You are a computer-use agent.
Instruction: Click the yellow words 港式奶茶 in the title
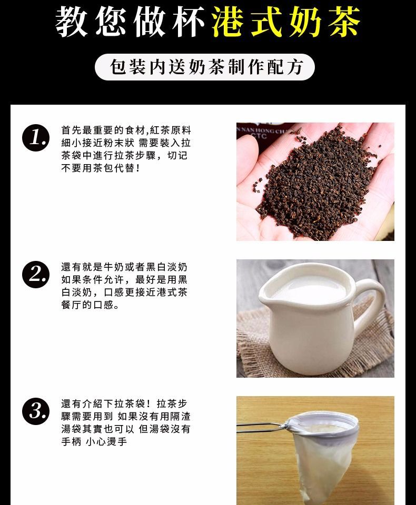[x=286, y=22]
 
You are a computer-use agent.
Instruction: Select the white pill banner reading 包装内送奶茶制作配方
[x=204, y=67]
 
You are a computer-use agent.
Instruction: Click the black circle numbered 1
[x=36, y=138]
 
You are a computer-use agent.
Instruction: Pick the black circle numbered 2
[x=36, y=275]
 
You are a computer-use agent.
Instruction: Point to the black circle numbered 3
[x=36, y=411]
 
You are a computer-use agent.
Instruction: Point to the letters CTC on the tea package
[x=259, y=136]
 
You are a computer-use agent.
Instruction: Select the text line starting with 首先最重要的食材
[x=126, y=130]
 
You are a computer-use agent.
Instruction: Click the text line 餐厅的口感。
[x=91, y=305]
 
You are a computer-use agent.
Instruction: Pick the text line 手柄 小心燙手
[x=94, y=441]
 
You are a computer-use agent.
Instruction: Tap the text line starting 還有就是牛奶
[x=124, y=267]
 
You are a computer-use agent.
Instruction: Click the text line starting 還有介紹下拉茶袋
[x=124, y=403]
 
